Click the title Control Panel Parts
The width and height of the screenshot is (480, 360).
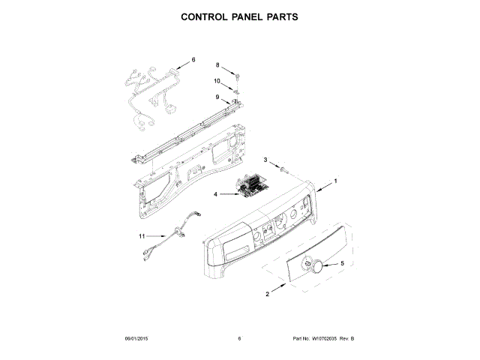click(x=240, y=16)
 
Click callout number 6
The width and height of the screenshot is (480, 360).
click(x=193, y=58)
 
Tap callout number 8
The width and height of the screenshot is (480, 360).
click(x=218, y=65)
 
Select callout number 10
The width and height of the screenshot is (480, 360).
click(x=217, y=81)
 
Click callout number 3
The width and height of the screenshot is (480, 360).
click(x=264, y=159)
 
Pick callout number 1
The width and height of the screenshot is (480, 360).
click(x=336, y=181)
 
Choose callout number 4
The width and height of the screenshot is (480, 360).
click(x=215, y=194)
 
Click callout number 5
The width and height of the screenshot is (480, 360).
click(x=342, y=263)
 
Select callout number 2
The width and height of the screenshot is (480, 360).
click(x=267, y=294)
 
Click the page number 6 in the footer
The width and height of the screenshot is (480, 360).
click(x=239, y=339)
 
